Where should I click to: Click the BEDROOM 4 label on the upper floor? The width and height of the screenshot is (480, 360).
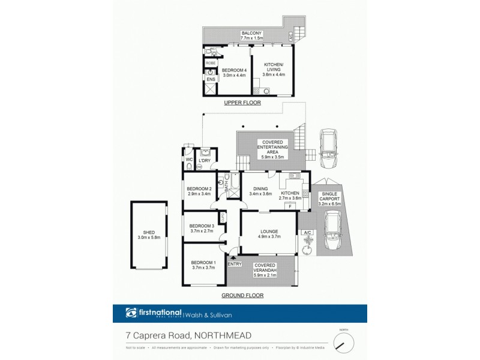pos(235,70)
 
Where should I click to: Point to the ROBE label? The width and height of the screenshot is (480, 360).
pos(211,63)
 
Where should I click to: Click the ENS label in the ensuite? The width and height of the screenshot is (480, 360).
pos(211,79)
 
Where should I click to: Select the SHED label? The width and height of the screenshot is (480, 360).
pos(149,233)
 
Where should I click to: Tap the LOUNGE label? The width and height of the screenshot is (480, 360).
pos(268,230)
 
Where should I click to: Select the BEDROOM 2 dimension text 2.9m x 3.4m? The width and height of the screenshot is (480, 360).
pos(199,194)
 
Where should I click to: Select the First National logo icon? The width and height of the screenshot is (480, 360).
pos(131,313)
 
